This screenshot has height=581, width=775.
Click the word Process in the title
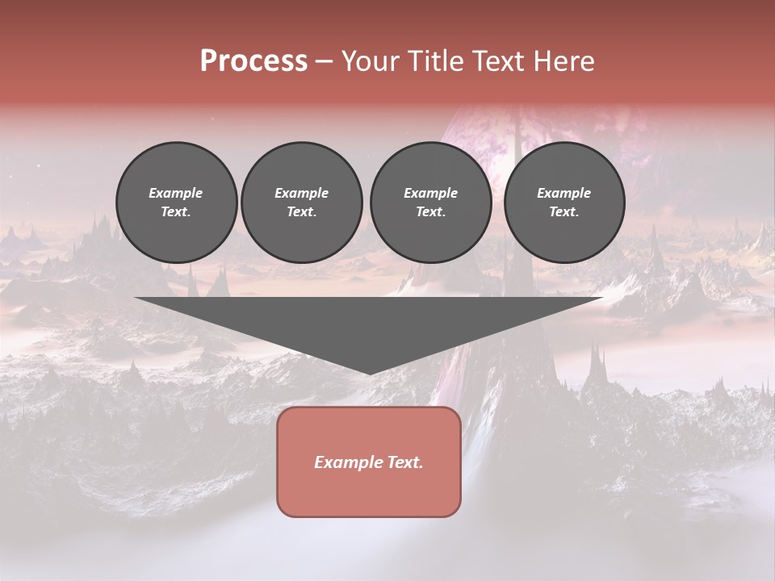pos(253,61)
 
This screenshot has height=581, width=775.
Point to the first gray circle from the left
pos(177,203)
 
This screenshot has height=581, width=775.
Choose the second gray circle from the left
pos(302,203)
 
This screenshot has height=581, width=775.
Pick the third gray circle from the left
pos(430,203)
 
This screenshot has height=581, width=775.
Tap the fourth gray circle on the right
pos(564,203)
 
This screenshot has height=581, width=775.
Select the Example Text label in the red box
pos(369,462)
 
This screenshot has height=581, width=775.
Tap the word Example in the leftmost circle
pos(176,193)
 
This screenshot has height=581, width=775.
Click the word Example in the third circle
pos(430,193)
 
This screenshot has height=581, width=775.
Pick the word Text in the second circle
pos(300,211)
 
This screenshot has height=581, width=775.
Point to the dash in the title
pos(325,61)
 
